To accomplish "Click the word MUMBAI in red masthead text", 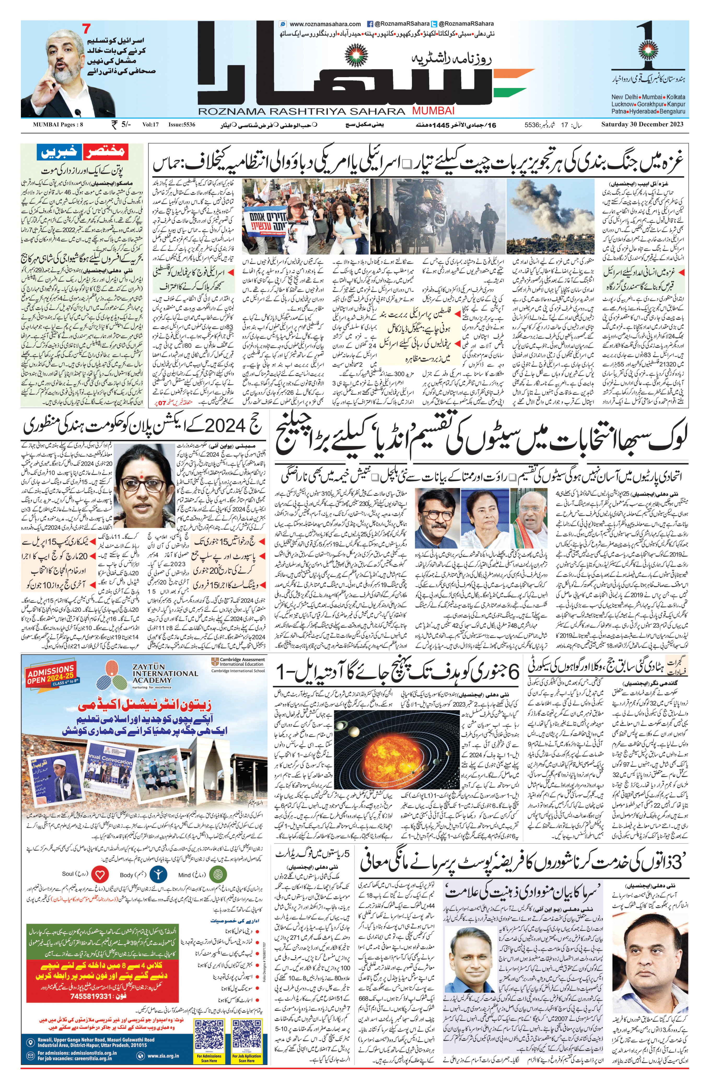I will tap(433, 110).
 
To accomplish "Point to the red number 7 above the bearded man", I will tap(86, 28).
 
